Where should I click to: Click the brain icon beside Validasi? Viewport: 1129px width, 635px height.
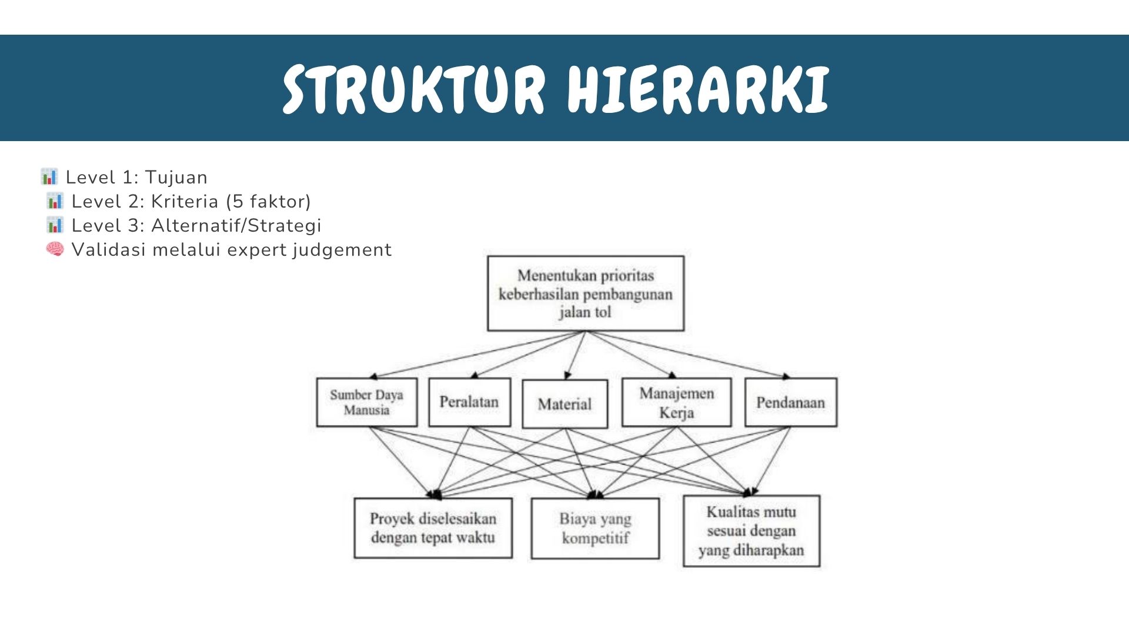pyautogui.click(x=55, y=249)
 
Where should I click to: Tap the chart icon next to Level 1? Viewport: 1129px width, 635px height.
pyautogui.click(x=49, y=176)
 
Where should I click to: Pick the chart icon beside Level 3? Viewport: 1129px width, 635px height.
pyautogui.click(x=55, y=225)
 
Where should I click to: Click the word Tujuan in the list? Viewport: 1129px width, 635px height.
pyautogui.click(x=176, y=178)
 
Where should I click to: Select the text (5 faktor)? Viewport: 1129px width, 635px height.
pyautogui.click(x=268, y=202)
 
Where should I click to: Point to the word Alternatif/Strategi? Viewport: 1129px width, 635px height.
pyautogui.click(x=236, y=225)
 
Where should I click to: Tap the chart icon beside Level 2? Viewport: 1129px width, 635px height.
pyautogui.click(x=55, y=200)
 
